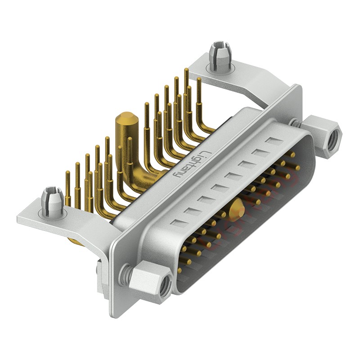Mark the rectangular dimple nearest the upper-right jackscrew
point(274,142)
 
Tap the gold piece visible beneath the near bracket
point(75,243)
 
